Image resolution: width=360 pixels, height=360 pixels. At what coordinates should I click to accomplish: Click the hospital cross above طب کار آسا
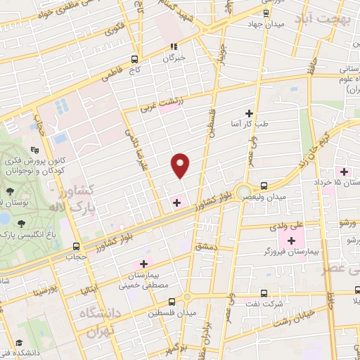tap(248, 112)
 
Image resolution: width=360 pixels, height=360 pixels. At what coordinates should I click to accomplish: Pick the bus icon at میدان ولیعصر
tap(263, 186)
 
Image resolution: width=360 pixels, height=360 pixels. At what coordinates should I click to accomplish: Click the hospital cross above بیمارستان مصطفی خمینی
tap(144, 264)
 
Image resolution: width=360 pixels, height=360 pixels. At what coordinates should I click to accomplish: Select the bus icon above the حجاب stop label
tap(76, 245)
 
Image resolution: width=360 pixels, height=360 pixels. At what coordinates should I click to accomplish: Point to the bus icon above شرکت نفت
tap(263, 293)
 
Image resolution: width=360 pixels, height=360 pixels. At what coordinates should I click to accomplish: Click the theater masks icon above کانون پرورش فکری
tap(36, 150)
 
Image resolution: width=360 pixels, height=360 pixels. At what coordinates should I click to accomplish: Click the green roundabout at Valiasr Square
tap(243, 191)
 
